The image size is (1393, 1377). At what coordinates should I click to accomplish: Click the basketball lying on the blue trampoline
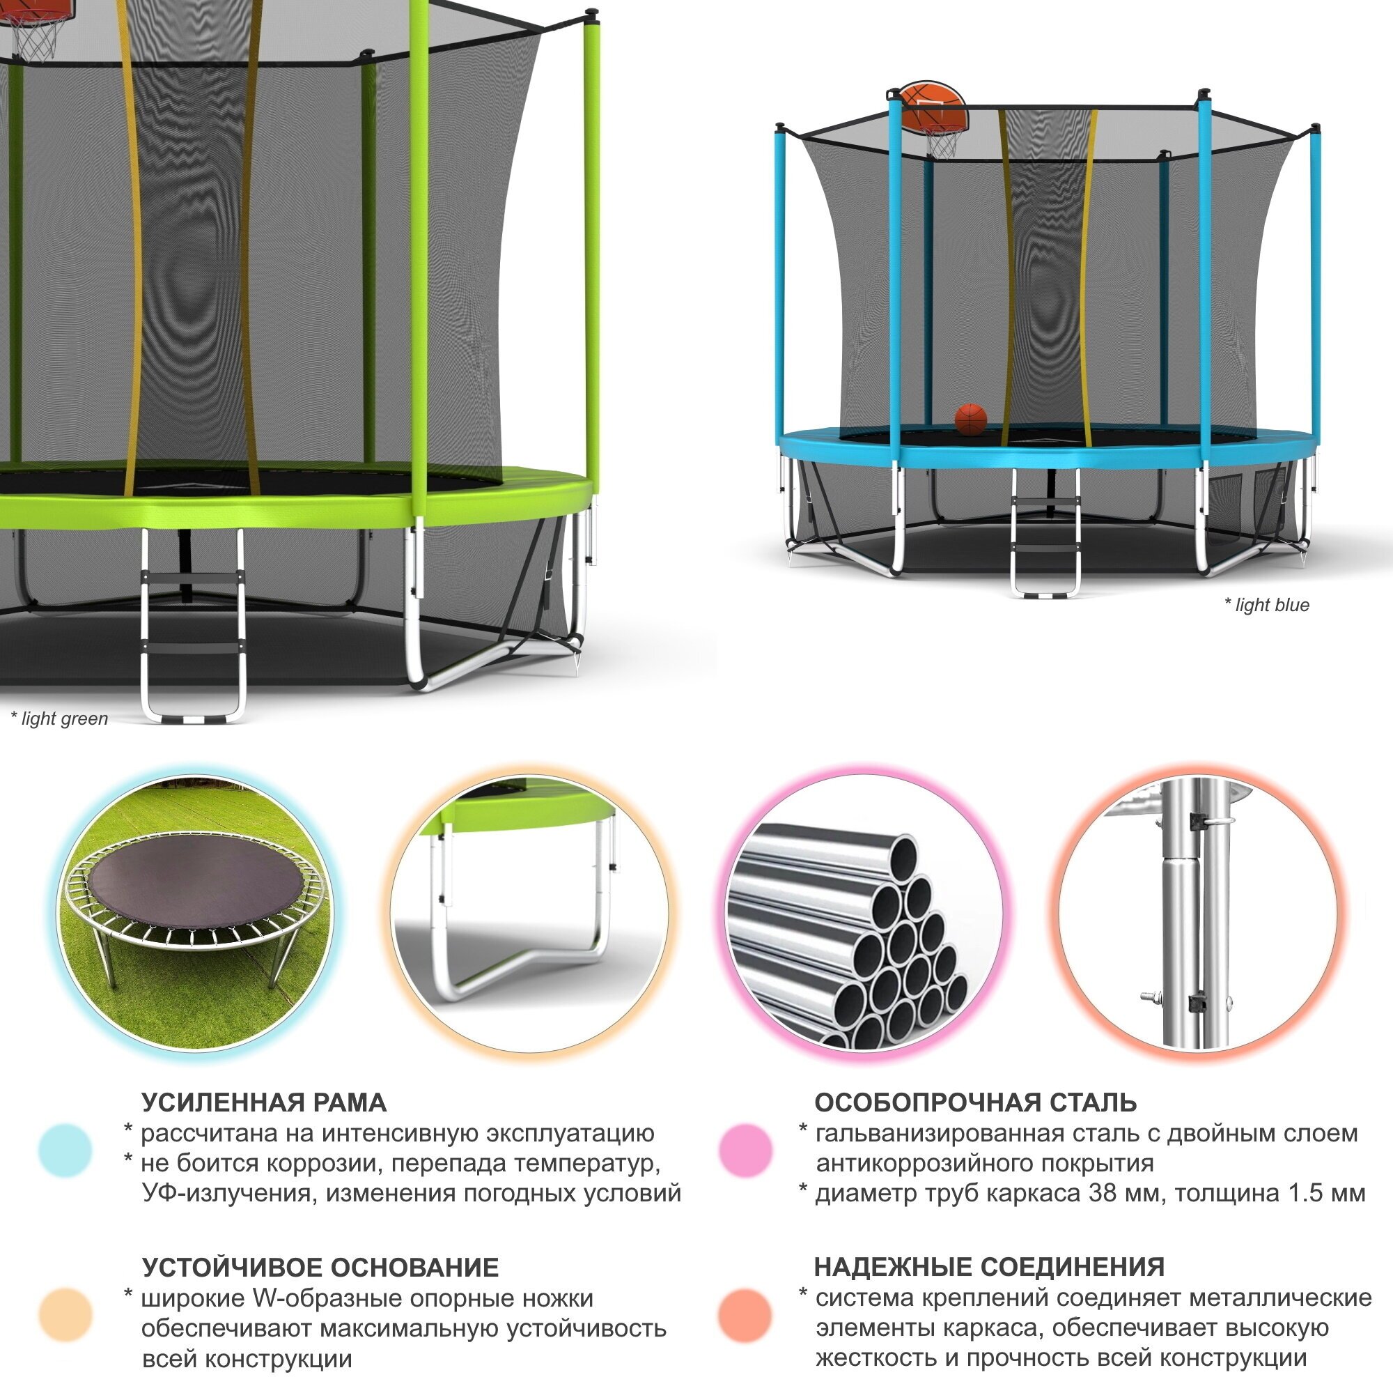pos(970,419)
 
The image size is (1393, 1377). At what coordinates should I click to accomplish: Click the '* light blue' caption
pos(1266,604)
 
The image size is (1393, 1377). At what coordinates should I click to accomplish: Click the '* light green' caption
pos(59,718)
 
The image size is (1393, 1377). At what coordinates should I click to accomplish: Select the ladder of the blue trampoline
pos(1045,534)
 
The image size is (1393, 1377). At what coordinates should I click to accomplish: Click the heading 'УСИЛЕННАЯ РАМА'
pos(264,1103)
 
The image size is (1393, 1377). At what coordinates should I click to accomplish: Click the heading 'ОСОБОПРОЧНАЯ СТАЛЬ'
pos(976,1102)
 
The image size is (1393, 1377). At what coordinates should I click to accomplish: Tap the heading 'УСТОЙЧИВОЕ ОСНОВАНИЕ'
pos(320,1268)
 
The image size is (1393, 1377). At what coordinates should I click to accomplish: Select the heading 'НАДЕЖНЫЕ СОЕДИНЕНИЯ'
pos(989,1267)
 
